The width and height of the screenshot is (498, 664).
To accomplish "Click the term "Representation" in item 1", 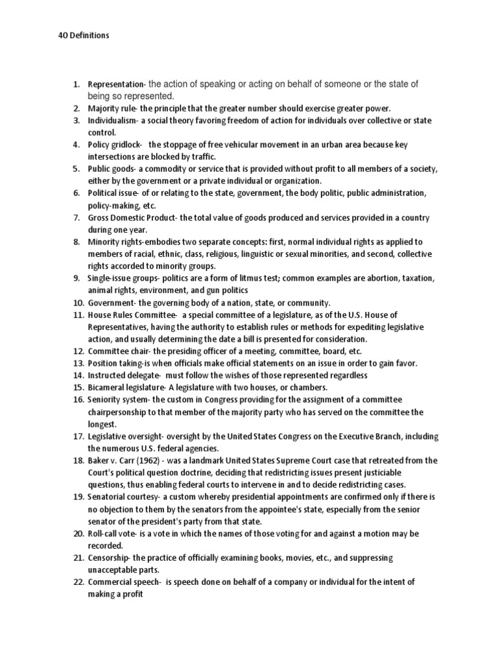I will click(117, 84).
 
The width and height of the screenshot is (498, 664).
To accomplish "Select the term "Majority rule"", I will click(112, 108).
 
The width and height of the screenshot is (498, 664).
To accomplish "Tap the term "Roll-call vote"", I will click(111, 533).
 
